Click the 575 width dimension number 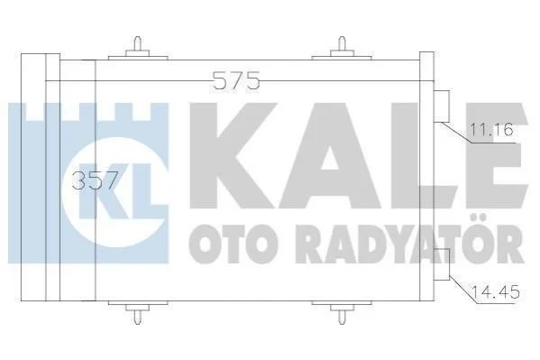pyautogui.click(x=236, y=80)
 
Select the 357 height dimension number pyautogui.click(x=96, y=180)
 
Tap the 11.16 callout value pyautogui.click(x=492, y=130)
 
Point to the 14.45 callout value pyautogui.click(x=495, y=292)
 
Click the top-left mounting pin pyautogui.click(x=138, y=48)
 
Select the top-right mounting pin pyautogui.click(x=342, y=48)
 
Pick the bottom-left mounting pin pyautogui.click(x=138, y=313)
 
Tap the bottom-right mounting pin pyautogui.click(x=342, y=313)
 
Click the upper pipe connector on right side pyautogui.click(x=442, y=106)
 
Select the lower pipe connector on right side pyautogui.click(x=442, y=264)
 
